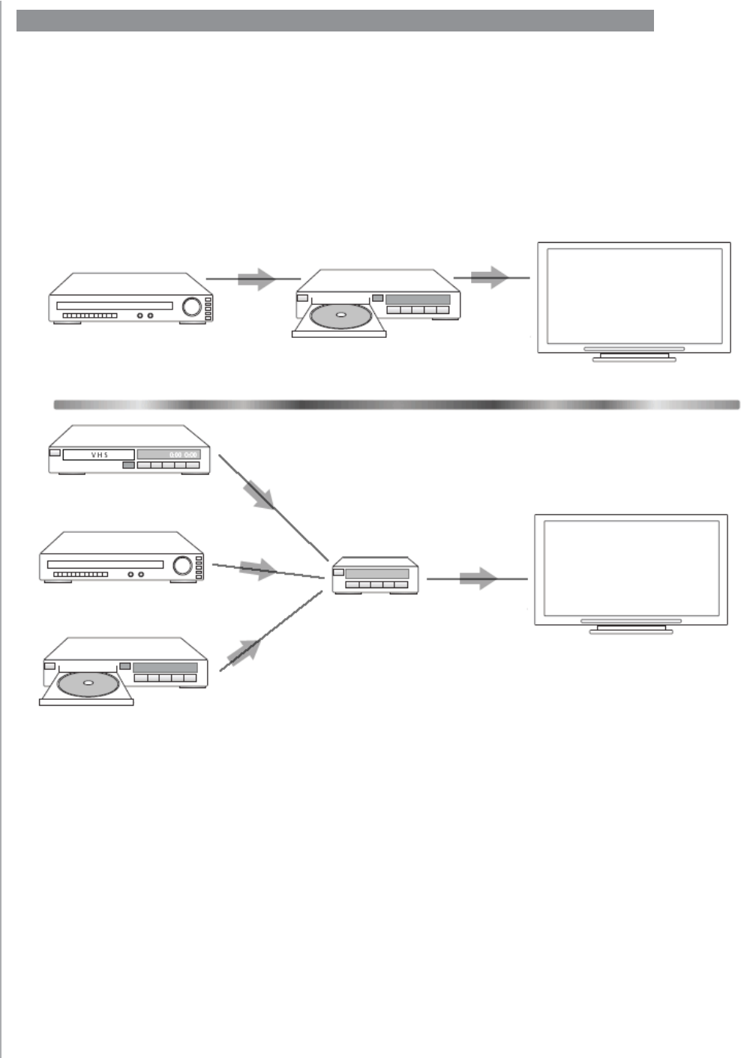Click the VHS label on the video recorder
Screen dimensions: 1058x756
99,455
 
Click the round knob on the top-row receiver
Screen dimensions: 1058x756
192,306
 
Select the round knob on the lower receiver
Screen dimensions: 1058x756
182,565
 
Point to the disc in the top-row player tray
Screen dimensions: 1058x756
340,315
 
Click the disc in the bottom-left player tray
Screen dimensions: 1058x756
88,683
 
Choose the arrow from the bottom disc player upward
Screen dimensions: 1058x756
244,650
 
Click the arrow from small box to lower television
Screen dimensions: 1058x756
478,578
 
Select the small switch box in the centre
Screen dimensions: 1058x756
375,575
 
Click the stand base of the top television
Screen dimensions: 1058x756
634,359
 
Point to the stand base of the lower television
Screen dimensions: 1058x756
631,632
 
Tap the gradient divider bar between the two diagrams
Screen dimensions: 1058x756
397,405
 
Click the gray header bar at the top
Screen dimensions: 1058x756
335,21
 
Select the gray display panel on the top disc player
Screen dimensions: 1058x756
417,299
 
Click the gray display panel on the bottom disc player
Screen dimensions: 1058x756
165,667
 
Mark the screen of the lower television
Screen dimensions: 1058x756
631,568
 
